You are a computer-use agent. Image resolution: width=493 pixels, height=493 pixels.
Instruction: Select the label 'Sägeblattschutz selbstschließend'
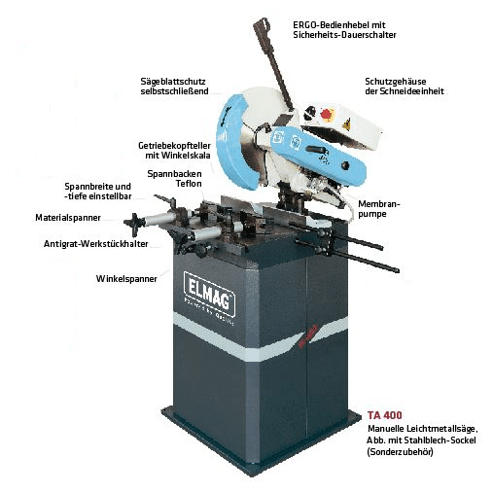pyautogui.click(x=171, y=85)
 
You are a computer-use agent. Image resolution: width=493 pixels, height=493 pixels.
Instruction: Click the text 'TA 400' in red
pyautogui.click(x=383, y=414)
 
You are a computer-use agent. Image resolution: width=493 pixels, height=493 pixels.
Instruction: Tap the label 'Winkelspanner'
pyautogui.click(x=126, y=278)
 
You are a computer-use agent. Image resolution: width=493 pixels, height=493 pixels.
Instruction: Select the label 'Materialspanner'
pyautogui.click(x=68, y=218)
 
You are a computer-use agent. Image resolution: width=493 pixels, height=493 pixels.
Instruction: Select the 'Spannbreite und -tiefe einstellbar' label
pyautogui.click(x=96, y=191)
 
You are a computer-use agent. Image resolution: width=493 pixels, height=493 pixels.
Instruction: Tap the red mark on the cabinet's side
pyautogui.click(x=311, y=331)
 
